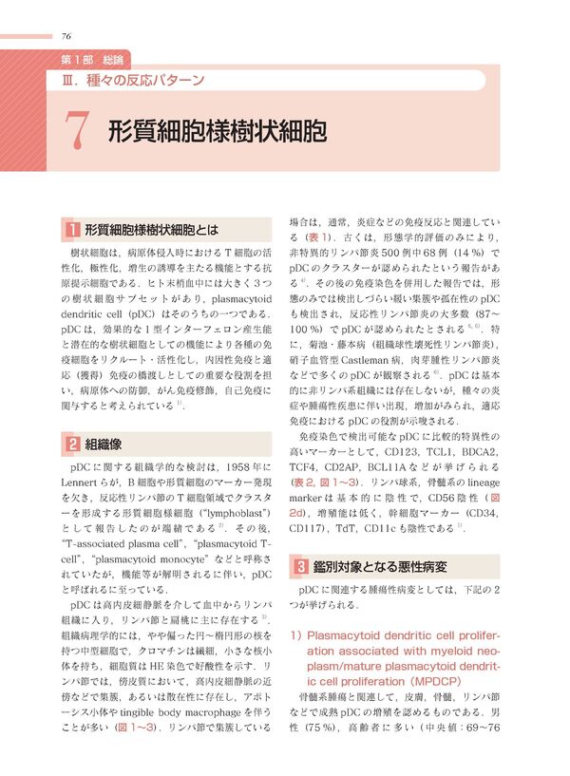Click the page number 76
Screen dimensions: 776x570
click(66, 36)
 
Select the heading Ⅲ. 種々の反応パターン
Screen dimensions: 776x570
click(132, 80)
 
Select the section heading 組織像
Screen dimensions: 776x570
click(104, 443)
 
